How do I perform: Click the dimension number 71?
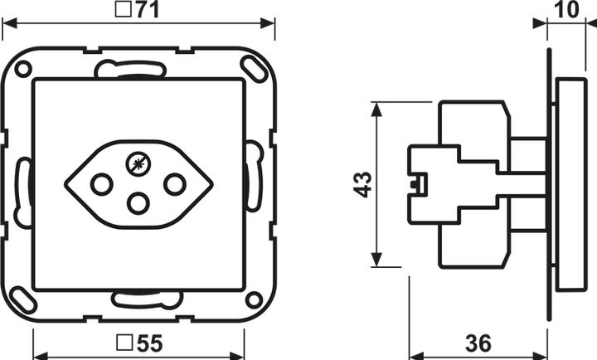[148, 10]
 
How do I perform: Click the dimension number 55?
[149, 343]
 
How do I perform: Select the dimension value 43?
[363, 185]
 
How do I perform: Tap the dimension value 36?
[478, 343]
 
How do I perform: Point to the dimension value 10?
[566, 9]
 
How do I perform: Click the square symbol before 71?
[122, 10]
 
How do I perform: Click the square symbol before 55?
[124, 343]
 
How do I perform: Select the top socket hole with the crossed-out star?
[138, 165]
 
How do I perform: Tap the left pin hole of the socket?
[102, 184]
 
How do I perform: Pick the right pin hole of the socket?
[175, 184]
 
